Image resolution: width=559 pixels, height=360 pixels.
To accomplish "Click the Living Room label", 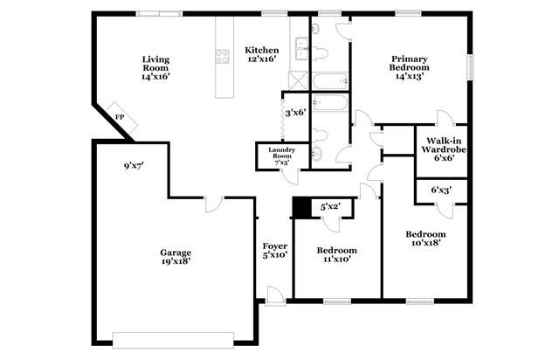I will [x=155, y=67].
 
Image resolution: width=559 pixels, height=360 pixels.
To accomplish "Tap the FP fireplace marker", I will [x=120, y=116].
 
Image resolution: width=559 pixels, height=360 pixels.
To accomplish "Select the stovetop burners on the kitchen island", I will [x=223, y=58].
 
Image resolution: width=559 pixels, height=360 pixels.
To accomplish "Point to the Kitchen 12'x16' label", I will [x=261, y=54].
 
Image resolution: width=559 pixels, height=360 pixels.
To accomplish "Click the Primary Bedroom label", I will [x=409, y=67].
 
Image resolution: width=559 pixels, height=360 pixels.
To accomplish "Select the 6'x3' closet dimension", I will [x=442, y=190].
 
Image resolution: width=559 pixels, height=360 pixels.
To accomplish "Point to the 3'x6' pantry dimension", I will [x=297, y=113].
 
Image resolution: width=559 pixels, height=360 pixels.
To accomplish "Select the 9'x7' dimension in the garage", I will [x=132, y=164].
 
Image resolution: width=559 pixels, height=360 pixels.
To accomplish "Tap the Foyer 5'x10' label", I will [x=274, y=251].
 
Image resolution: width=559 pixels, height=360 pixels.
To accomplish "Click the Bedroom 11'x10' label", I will [x=335, y=254].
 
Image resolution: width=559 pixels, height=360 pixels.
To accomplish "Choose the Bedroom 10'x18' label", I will [x=425, y=239].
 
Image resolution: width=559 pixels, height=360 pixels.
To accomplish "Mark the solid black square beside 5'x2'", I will [x=301, y=208].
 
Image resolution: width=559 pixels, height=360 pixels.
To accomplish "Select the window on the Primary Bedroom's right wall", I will [x=469, y=67].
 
